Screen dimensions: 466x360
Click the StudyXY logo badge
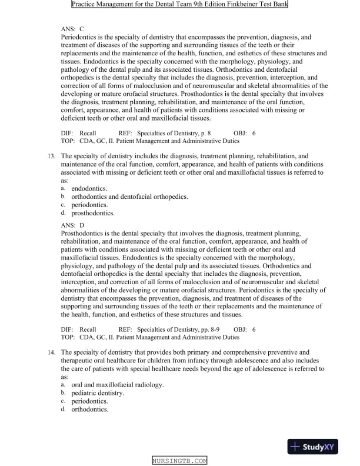[x=315, y=447]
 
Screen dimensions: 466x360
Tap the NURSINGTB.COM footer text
[x=179, y=461]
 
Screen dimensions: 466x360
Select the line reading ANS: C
[x=72, y=28]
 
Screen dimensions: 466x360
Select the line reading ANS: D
[x=73, y=225]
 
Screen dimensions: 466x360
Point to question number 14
[x=51, y=352]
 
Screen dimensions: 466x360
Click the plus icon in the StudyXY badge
[x=296, y=447]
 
